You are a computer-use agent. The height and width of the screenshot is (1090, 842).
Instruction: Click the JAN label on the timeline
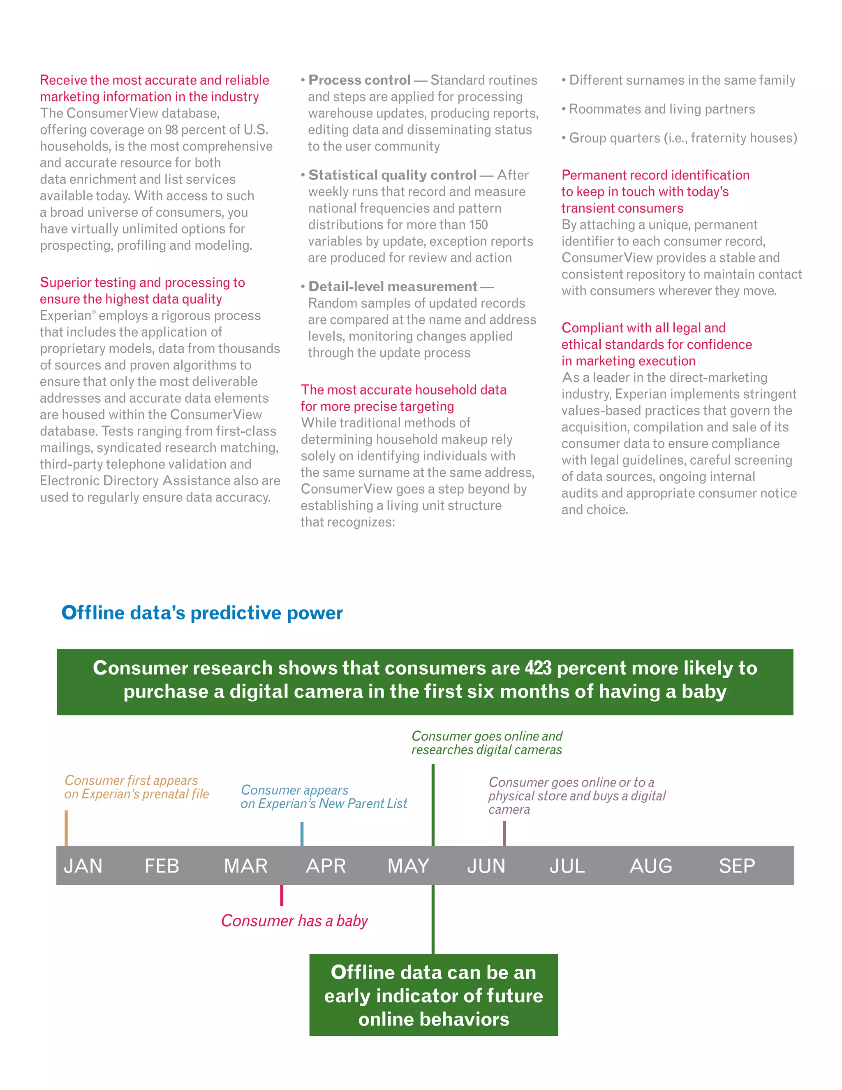(x=83, y=866)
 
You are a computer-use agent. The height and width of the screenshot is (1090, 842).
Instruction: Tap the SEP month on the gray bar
(x=737, y=866)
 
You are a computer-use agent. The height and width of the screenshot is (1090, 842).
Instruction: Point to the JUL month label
(x=567, y=866)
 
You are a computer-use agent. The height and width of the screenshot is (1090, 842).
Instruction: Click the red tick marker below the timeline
(x=282, y=895)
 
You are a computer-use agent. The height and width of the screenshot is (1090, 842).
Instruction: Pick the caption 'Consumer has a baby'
(x=294, y=921)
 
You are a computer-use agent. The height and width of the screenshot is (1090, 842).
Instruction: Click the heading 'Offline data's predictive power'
(x=202, y=613)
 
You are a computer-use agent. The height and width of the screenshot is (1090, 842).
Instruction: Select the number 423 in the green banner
(x=538, y=668)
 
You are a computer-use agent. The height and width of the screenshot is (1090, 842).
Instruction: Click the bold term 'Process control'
(x=359, y=80)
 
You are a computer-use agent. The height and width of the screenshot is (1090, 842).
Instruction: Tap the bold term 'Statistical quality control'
(x=392, y=175)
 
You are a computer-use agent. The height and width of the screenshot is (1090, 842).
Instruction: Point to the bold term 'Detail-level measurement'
(x=393, y=286)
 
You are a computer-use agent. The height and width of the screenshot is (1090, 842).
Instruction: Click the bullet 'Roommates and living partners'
(x=662, y=109)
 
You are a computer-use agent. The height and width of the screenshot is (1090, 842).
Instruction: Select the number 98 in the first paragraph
(x=171, y=130)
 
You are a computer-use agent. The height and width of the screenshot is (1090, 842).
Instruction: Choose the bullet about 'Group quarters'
(x=682, y=138)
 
